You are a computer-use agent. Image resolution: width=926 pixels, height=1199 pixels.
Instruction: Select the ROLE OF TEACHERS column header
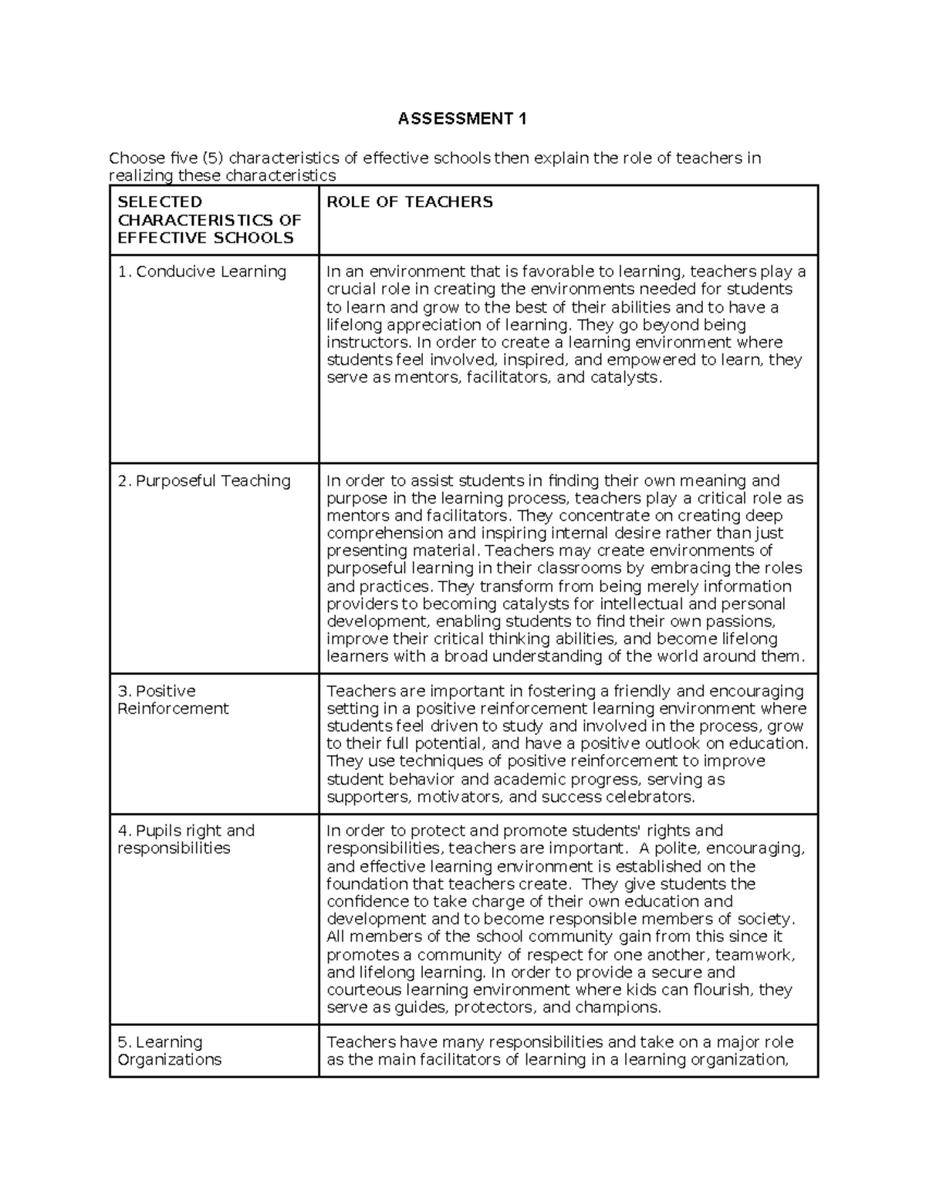pyautogui.click(x=409, y=202)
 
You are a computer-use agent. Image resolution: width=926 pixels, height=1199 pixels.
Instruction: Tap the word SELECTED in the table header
pyautogui.click(x=160, y=202)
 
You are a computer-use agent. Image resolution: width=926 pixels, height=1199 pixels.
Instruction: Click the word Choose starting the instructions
pyautogui.click(x=137, y=158)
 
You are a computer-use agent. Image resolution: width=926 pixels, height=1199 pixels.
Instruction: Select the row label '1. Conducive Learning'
pyautogui.click(x=201, y=272)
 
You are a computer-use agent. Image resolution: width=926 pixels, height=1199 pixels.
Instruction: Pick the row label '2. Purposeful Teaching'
pyautogui.click(x=204, y=481)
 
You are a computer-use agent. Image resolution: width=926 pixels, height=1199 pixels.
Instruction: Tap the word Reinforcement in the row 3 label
pyautogui.click(x=173, y=709)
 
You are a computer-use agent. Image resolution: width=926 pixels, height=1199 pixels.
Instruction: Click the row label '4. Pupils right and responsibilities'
pyautogui.click(x=185, y=839)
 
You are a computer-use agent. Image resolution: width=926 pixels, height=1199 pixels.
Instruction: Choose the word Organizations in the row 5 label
pyautogui.click(x=169, y=1060)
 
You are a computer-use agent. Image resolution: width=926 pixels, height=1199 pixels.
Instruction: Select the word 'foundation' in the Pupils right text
pyautogui.click(x=367, y=884)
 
